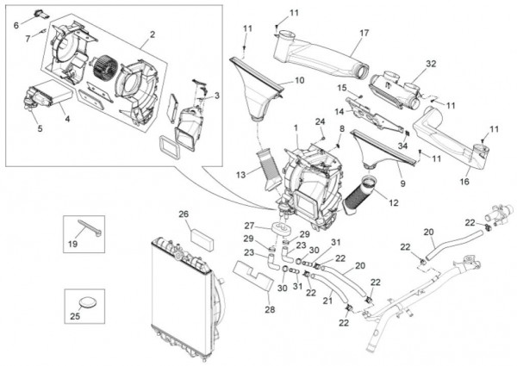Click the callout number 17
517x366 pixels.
pos(364,33)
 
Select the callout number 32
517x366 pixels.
pos(431,64)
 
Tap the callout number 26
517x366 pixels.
pos(183,214)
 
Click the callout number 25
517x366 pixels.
pos(75,316)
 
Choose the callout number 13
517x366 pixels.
pos(242,175)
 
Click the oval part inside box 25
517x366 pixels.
pos(90,302)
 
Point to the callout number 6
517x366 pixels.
pos(16,25)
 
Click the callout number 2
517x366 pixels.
pos(152,35)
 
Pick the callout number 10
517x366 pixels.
pos(299,81)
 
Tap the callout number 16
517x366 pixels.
pos(464,182)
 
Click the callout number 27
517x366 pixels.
pos(249,225)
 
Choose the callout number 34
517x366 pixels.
pos(402,147)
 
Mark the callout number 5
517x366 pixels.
pos(39,129)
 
